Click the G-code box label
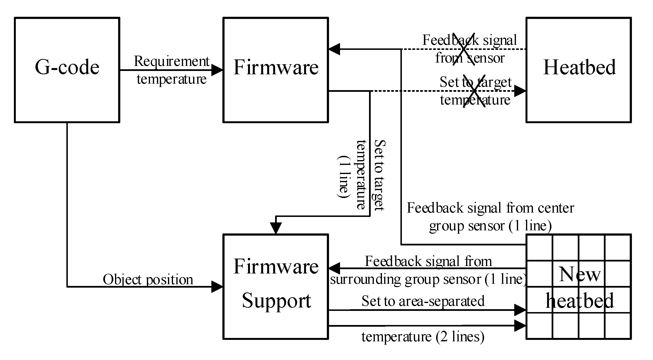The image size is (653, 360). tap(67, 67)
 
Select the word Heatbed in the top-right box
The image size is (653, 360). tap(579, 67)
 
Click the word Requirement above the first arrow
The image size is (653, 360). tap(171, 61)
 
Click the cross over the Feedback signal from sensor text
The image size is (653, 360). tap(464, 49)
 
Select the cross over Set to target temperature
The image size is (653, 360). tap(474, 91)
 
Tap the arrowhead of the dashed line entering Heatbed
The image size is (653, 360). tap(520, 91)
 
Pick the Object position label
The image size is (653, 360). tap(148, 280)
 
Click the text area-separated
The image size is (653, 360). tap(441, 301)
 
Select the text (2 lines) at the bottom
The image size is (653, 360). tap(460, 337)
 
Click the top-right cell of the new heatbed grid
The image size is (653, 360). tap(618, 248)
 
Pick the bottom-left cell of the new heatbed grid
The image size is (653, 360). tap(539, 326)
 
